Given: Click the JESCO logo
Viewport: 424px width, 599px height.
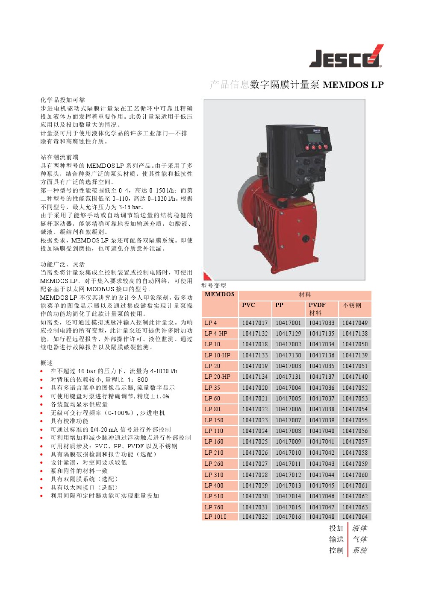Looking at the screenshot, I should tap(346, 57).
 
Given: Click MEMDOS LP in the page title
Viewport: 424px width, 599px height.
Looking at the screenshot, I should tap(353, 85).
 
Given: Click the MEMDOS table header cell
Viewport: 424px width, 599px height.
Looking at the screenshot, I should tap(220, 294).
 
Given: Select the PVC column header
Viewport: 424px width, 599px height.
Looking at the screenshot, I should tap(248, 305).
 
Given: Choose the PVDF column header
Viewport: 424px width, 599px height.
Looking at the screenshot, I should tap(317, 305).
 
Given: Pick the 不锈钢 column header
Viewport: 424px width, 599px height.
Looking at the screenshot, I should tap(352, 305).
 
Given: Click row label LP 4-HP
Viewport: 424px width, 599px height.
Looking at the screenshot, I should tap(216, 333).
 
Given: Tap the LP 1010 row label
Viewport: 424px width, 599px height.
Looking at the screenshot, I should tap(215, 517).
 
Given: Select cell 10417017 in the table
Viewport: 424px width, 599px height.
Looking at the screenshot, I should tap(255, 323).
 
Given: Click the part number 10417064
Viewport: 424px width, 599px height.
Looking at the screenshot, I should tap(355, 517).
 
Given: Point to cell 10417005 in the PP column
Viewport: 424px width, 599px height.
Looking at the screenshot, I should tap(288, 398).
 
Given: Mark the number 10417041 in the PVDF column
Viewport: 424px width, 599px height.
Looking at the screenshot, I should tap(321, 441).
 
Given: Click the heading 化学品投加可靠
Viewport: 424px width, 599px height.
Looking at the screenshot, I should tap(63, 100).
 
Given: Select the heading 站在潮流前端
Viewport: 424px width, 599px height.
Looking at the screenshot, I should tap(59, 157).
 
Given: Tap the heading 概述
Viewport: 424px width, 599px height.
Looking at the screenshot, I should tap(47, 363).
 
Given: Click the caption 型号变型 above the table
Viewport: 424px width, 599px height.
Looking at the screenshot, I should tap(214, 286).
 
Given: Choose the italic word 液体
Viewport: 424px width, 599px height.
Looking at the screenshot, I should tap(359, 528).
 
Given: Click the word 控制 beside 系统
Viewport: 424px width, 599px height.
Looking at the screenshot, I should tap(336, 550).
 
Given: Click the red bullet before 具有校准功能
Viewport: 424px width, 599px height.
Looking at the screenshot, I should tap(41, 421).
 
